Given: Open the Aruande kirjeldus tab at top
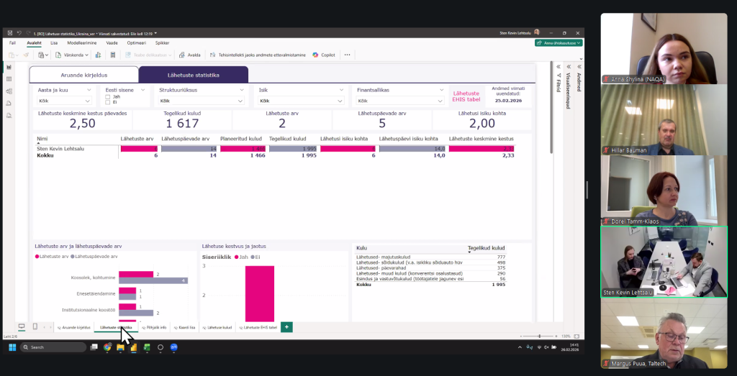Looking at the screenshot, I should point(83,75).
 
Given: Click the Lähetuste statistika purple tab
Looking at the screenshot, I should point(193,75).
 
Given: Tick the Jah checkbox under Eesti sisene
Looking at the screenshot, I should point(108,96).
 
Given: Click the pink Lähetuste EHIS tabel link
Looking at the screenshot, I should point(466,96).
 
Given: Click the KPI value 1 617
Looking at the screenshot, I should point(181,124).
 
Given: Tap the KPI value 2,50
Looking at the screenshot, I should point(82,124).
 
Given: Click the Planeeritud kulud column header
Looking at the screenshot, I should point(241,138).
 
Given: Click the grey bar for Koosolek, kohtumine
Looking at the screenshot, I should point(153,280).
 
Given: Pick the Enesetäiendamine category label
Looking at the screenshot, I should point(96,293).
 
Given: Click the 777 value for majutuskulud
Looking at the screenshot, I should point(501,257).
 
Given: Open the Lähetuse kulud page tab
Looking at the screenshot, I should point(220,327).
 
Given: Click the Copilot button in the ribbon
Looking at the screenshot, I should point(324,55).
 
